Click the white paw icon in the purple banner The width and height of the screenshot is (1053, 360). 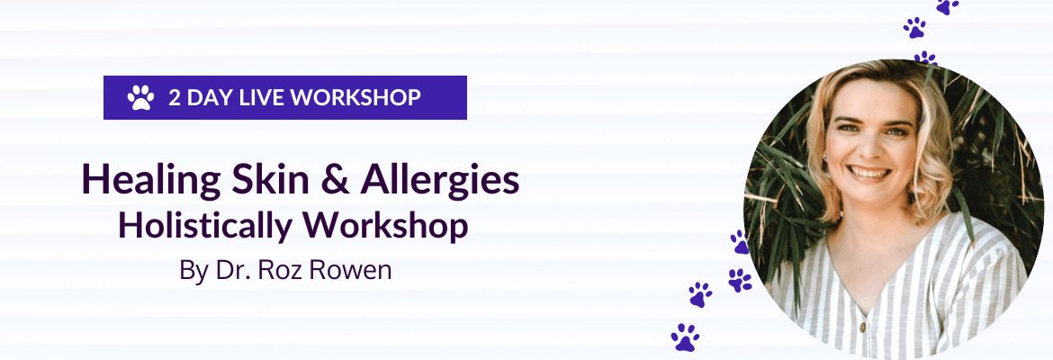(139, 97)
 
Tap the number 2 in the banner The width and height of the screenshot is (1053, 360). (174, 97)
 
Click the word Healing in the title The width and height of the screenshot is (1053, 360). (135, 181)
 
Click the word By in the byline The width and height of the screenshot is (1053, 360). (193, 270)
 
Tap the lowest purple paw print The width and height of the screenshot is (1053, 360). (685, 337)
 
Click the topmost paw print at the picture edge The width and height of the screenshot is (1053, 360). (946, 5)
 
